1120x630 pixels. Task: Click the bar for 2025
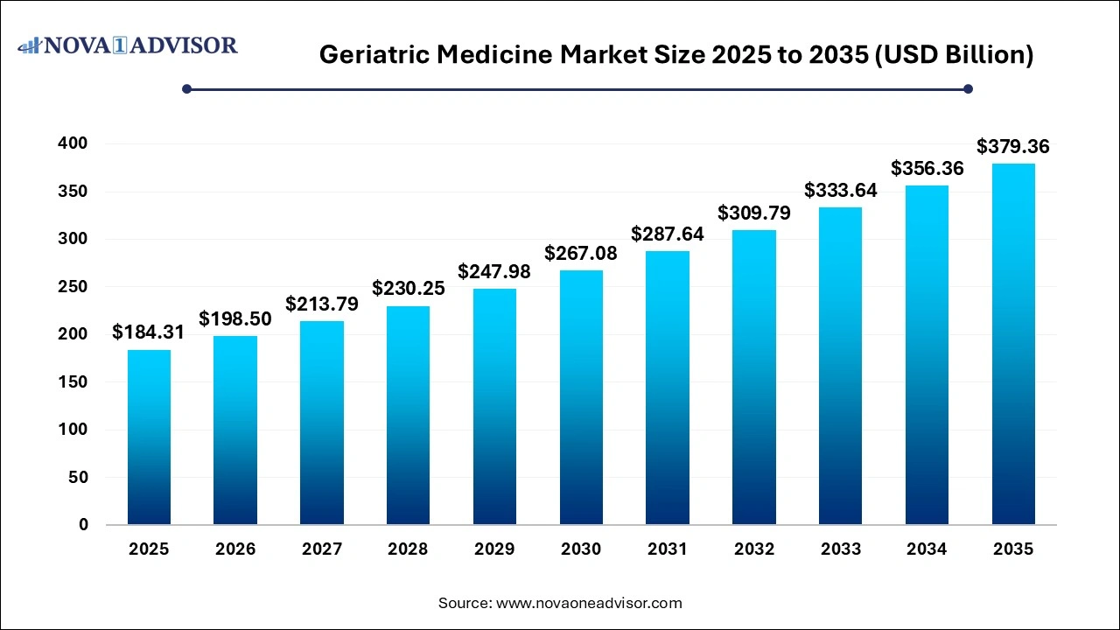pyautogui.click(x=149, y=437)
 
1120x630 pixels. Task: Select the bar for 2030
pyautogui.click(x=581, y=397)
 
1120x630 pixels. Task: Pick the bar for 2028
pyautogui.click(x=408, y=415)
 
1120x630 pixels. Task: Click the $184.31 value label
pyautogui.click(x=149, y=332)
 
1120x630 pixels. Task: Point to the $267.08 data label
pyautogui.click(x=581, y=254)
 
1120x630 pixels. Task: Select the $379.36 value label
pyautogui.click(x=1013, y=147)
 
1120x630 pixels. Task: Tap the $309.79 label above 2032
pyautogui.click(x=754, y=213)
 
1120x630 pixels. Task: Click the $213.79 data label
pyautogui.click(x=321, y=304)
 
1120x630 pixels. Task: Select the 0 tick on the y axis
pyautogui.click(x=83, y=525)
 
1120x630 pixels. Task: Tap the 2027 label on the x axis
pyautogui.click(x=321, y=549)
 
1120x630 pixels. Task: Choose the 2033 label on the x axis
pyautogui.click(x=840, y=549)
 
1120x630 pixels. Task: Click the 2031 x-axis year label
pyautogui.click(x=668, y=549)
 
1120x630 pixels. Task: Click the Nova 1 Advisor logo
pyautogui.click(x=128, y=45)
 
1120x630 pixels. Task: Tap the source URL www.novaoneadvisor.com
pyautogui.click(x=589, y=603)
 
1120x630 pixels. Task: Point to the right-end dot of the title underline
pyautogui.click(x=968, y=88)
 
